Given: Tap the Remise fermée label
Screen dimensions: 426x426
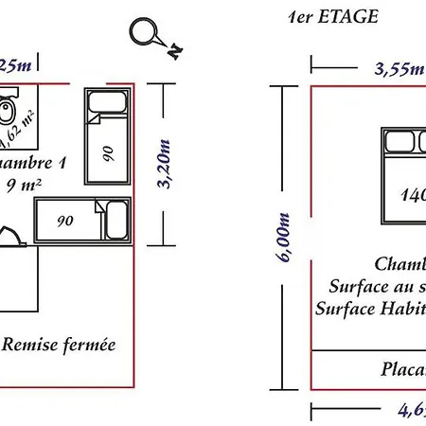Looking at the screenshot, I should click(x=59, y=345).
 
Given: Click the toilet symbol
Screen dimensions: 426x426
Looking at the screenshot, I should click(x=8, y=113).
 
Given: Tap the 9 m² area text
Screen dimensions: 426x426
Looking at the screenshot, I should click(x=24, y=185).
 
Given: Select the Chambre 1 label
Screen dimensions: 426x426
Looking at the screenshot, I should click(x=32, y=164).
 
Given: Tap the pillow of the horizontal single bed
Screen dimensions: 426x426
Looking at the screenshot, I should click(x=117, y=222).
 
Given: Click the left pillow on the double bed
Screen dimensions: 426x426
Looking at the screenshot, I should click(x=397, y=143).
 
